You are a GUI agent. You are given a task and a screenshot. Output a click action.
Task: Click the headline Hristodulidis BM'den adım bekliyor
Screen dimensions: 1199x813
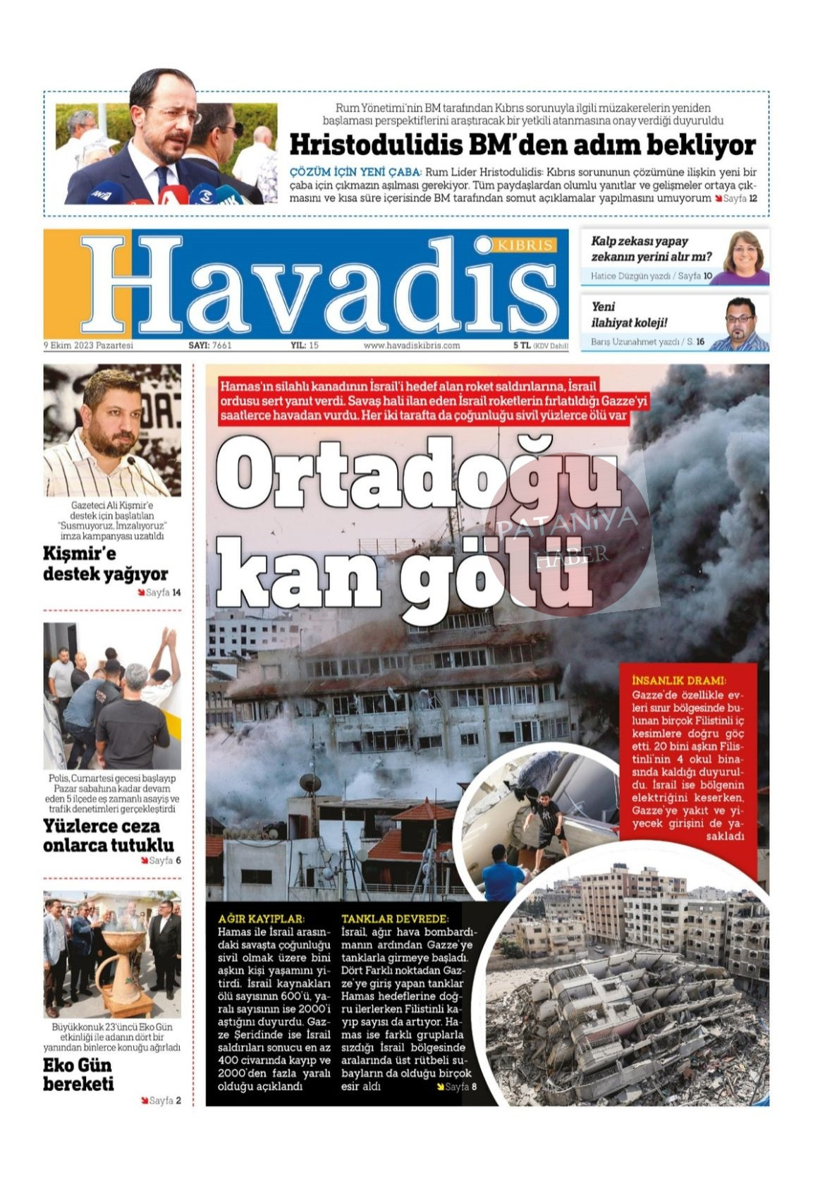(522, 145)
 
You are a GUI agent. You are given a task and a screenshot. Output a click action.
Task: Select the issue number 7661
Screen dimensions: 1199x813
(221, 346)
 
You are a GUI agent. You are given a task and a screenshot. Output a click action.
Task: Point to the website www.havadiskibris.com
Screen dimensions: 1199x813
(412, 346)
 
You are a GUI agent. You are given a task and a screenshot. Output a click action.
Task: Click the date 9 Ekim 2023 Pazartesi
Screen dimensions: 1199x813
(88, 346)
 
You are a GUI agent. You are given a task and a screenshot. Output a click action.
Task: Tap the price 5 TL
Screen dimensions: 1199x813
(521, 346)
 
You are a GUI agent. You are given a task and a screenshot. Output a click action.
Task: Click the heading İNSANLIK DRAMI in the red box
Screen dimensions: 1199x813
(679, 681)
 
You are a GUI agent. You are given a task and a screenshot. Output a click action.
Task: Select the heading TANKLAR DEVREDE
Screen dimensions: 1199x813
(394, 919)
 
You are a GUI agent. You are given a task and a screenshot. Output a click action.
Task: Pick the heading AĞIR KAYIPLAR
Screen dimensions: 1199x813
(261, 919)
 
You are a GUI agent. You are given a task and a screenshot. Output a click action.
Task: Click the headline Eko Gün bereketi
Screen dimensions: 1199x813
(78, 1074)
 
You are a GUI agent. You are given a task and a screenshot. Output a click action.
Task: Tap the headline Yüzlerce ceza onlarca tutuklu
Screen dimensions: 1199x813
(108, 835)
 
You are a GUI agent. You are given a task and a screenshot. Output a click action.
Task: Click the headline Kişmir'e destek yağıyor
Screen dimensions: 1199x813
(105, 563)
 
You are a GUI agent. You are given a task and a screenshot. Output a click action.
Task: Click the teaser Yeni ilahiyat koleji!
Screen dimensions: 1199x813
(629, 315)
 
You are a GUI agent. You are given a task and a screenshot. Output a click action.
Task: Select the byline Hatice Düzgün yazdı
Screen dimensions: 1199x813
(630, 276)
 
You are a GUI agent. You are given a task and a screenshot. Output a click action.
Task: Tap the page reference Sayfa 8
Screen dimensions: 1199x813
(460, 1086)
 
